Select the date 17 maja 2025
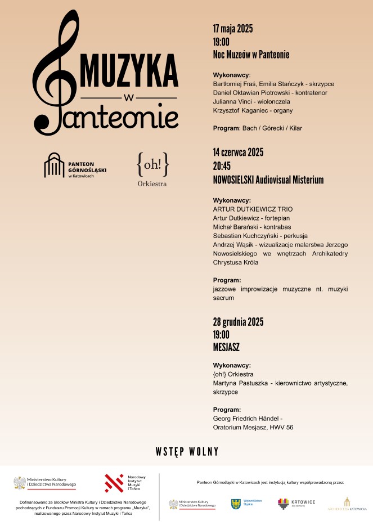(x=233, y=29)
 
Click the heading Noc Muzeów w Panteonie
(x=251, y=55)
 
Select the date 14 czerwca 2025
(x=238, y=152)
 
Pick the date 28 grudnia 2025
(x=238, y=322)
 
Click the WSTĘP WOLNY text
(x=187, y=452)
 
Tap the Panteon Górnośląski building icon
(x=54, y=165)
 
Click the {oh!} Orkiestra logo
(x=152, y=169)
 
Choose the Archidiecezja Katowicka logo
(x=347, y=504)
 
